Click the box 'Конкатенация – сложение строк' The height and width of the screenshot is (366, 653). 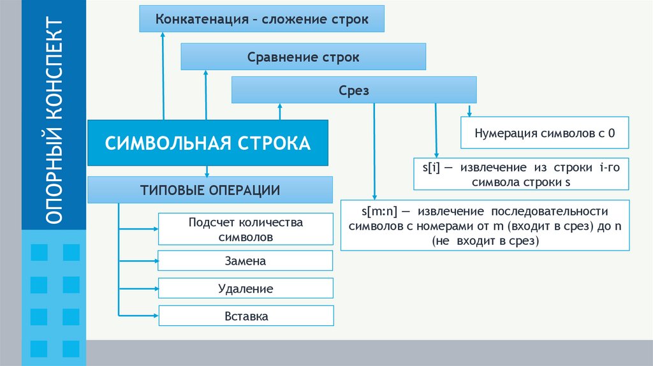262,19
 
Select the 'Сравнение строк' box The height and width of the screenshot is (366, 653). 304,57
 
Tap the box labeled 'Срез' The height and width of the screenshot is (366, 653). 354,91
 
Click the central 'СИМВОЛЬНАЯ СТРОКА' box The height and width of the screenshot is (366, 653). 208,142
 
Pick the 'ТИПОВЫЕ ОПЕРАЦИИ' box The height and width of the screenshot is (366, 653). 210,190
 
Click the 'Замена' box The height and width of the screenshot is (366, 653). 246,261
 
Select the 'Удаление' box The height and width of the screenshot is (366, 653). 246,288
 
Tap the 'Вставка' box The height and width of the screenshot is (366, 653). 246,316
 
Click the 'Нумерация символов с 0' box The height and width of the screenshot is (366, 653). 545,134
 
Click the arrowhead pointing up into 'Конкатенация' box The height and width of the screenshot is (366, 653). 163,36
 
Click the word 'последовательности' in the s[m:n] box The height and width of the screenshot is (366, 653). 554,211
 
